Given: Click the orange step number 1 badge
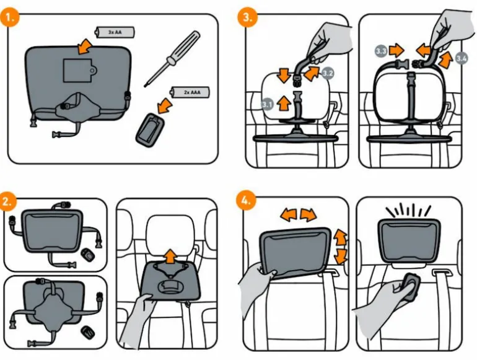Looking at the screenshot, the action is click(10, 17).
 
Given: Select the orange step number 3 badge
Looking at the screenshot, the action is click(248, 17).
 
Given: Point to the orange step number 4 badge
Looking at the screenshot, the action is click(246, 201).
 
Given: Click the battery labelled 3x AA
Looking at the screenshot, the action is click(115, 32).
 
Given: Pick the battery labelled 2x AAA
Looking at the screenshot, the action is click(190, 92).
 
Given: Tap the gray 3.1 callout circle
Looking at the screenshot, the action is click(267, 105).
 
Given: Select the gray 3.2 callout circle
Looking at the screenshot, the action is click(327, 74).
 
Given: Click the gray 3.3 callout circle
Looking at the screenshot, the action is click(381, 51).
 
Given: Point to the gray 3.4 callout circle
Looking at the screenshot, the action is click(462, 58).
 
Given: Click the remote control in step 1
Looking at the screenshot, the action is click(150, 130).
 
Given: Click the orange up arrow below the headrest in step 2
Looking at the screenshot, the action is click(170, 257).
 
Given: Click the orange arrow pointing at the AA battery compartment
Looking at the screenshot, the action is click(85, 46).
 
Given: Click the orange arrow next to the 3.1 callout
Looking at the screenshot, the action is click(284, 103).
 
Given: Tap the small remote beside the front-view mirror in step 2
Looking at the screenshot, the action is click(88, 255).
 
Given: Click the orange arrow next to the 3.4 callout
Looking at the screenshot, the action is click(445, 60).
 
